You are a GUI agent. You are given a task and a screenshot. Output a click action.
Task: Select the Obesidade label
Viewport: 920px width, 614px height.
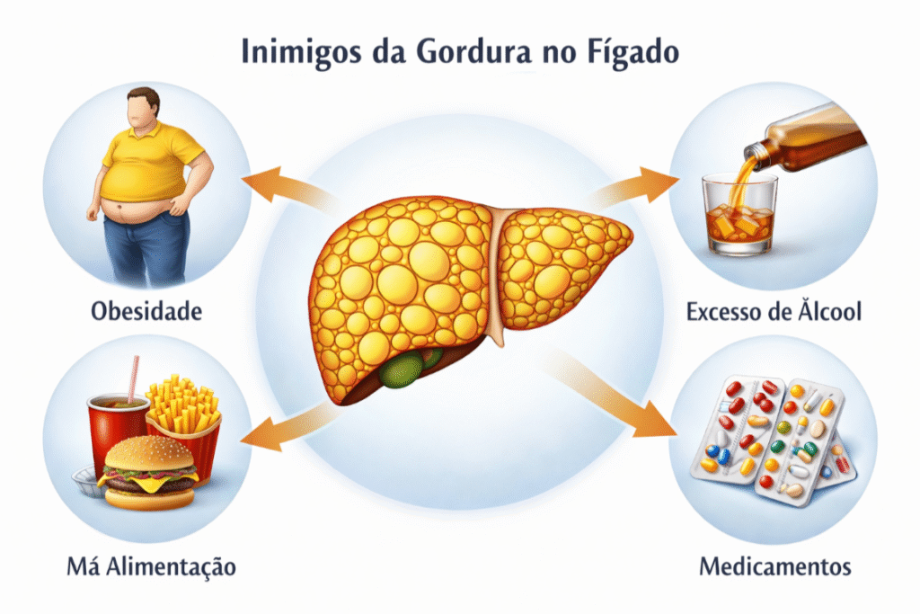pyautogui.click(x=146, y=312)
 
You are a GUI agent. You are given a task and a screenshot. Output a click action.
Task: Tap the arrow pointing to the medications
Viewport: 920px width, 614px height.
pyautogui.click(x=629, y=400)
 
